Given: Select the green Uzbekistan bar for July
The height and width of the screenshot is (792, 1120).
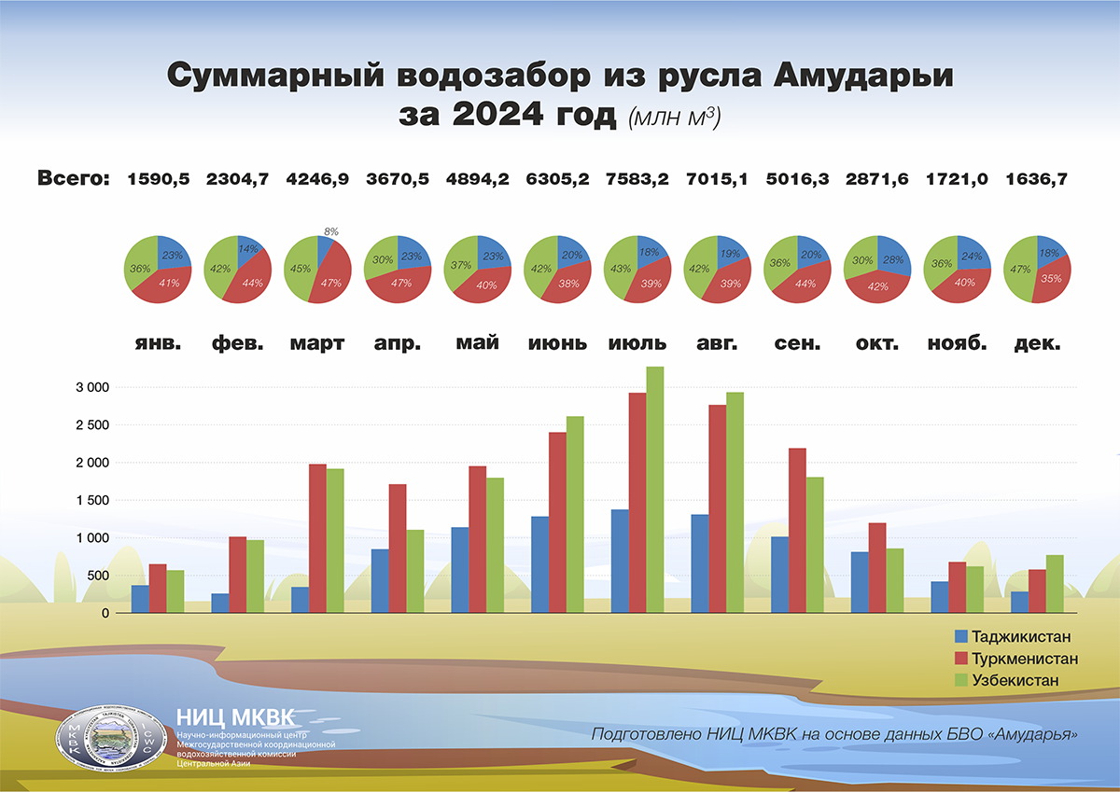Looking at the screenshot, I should coord(655,490).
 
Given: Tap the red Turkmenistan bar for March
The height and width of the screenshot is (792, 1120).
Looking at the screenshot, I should coord(317,538).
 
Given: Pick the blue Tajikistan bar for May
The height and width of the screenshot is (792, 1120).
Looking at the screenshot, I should coord(459,570).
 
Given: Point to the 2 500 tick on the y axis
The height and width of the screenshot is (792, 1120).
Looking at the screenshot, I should coord(91,424).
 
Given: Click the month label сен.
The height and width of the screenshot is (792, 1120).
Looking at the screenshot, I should coord(796,343).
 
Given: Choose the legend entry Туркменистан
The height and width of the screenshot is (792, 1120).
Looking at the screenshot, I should coord(1024,659).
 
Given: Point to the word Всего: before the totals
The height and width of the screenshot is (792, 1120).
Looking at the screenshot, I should coord(73,179).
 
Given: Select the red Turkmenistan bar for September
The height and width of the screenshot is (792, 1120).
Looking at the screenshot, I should coord(797,531).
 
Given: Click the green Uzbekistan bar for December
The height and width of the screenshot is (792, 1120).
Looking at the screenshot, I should coord(1055,584).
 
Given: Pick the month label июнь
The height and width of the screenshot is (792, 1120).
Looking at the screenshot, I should coord(557,343).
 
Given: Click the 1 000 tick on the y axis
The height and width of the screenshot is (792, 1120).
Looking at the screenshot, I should coord(91,538).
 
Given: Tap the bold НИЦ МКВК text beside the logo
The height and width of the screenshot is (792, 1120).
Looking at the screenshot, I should coord(234,717).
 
